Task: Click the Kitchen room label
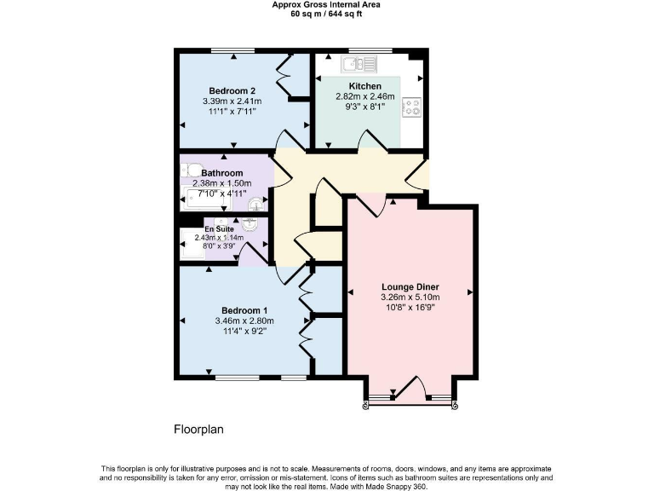click(364, 85)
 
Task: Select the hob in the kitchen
click(411, 107)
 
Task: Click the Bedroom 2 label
click(232, 90)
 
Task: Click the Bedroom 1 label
click(244, 309)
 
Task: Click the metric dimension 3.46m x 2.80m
click(244, 321)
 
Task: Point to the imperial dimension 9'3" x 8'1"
click(364, 107)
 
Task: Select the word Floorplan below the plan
click(198, 430)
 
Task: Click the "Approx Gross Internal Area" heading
click(326, 5)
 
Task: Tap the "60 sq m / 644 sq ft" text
click(326, 14)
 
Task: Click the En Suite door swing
click(249, 252)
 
